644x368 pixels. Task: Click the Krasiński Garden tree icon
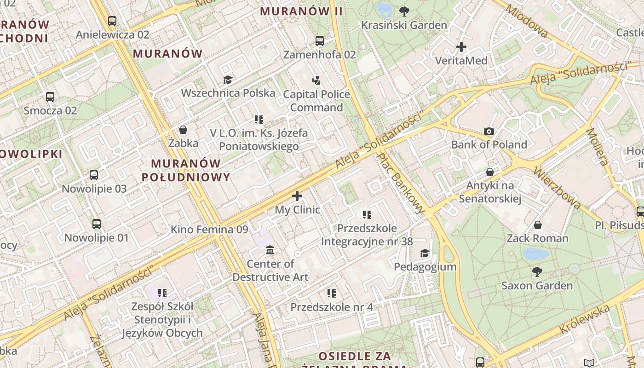coord(404,11)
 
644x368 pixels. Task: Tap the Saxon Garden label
coord(537,286)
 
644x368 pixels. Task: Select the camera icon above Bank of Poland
coord(489,132)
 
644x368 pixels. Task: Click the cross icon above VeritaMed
coord(461,47)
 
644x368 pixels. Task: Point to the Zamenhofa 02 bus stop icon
coord(320,41)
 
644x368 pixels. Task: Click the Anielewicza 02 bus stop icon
coord(112,21)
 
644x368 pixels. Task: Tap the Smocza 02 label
coord(50,110)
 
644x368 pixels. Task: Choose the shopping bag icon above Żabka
coord(183,130)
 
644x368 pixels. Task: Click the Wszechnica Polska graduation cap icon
coord(228,80)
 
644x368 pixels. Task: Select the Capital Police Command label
coord(316,101)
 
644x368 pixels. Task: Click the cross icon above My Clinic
coord(297,196)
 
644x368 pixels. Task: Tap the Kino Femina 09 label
coord(209,230)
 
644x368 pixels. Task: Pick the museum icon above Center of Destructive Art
coord(270,250)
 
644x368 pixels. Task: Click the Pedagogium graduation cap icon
coord(425,253)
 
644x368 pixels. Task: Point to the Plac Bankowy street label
coord(401,183)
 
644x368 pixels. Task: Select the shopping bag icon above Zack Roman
coord(537,225)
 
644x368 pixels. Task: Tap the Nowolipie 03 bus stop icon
coord(94,175)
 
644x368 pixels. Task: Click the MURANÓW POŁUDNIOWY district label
coord(185,170)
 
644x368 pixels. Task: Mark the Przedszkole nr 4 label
coord(332,307)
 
